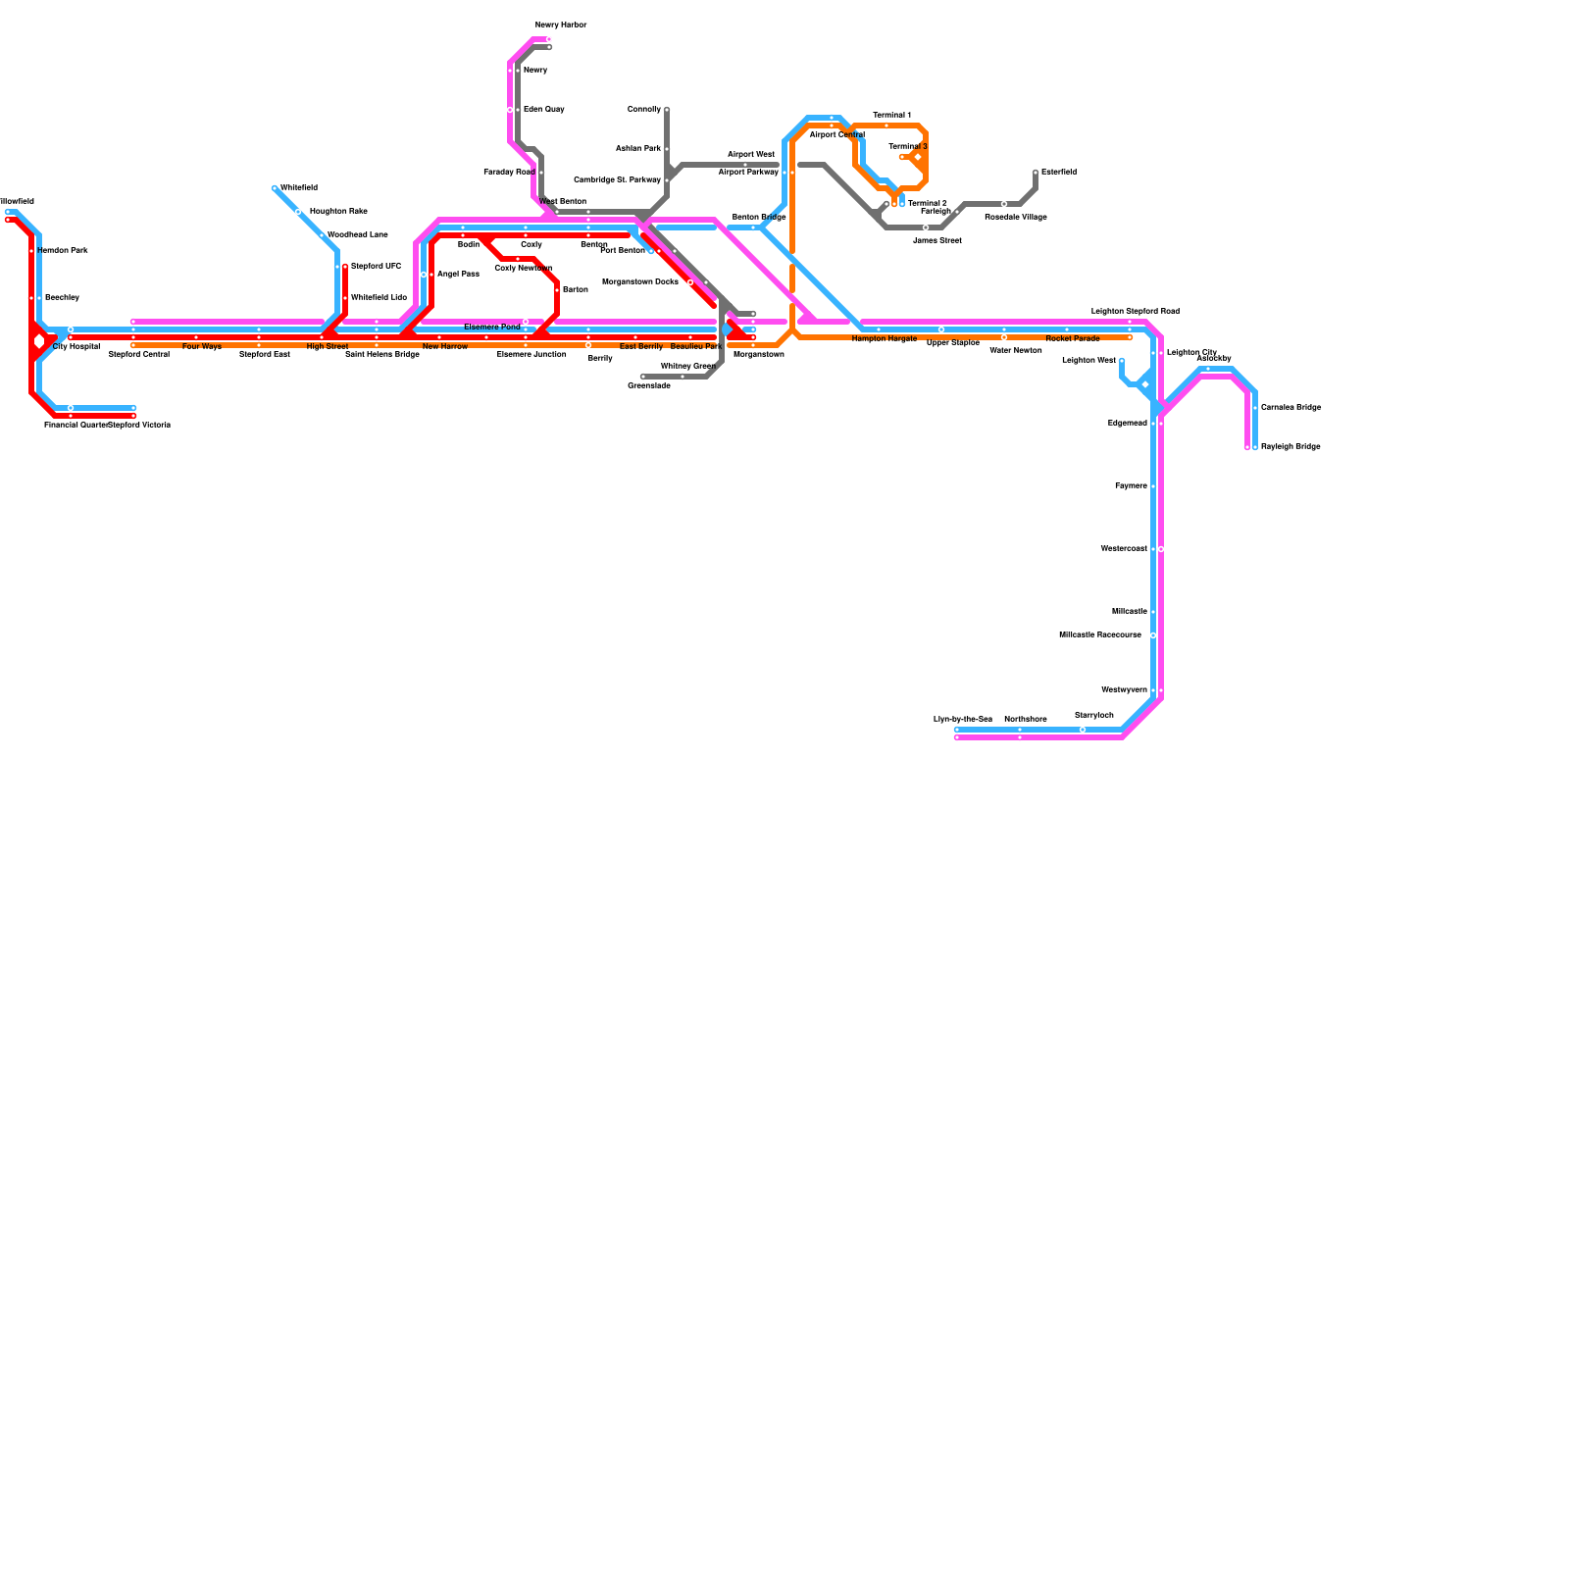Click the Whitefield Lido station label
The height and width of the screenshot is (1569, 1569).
379,297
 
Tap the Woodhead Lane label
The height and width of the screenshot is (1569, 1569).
357,235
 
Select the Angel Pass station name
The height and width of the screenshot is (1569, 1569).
458,275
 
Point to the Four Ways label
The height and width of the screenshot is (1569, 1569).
202,347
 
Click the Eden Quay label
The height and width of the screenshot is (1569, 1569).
543,110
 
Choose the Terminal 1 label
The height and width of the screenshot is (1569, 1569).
892,116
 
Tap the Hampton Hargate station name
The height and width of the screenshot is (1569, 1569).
884,339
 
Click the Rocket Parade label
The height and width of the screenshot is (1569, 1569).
1073,339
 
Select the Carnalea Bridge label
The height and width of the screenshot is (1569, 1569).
1291,408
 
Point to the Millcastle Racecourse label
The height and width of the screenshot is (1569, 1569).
1100,635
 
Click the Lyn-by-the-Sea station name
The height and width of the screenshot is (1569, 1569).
963,720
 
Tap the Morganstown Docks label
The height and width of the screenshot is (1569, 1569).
640,282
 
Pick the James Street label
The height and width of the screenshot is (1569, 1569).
936,240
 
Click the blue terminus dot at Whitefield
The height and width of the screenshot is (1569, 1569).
276,188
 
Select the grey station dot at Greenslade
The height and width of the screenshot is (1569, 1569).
643,377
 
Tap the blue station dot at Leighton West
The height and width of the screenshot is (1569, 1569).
1122,361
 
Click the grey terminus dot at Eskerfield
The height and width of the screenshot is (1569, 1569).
1036,173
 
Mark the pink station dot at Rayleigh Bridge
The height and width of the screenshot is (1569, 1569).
1247,447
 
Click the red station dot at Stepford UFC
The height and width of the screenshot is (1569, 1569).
345,267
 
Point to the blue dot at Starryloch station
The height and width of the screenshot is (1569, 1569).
1083,730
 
